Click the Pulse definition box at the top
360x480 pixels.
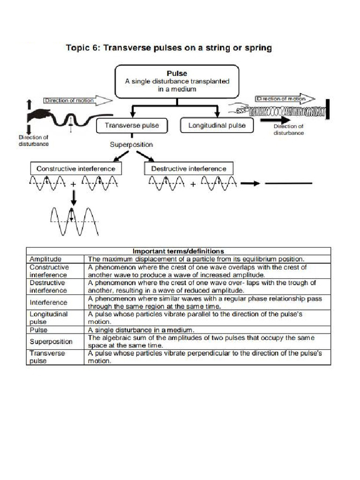pos(178,81)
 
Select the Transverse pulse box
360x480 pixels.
pos(132,125)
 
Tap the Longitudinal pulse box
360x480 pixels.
pos(216,125)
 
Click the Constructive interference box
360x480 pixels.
pos(75,168)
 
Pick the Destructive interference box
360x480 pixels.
pos(188,168)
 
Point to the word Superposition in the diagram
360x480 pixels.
pos(131,144)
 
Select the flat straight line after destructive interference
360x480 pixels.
pos(288,183)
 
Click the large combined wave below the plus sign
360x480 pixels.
pos(74,220)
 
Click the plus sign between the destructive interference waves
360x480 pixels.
pos(193,184)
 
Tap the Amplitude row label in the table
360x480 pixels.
pos(45,259)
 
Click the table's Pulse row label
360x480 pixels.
pos(38,330)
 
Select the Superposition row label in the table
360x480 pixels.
pos(51,342)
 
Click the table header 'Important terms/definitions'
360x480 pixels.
pos(178,251)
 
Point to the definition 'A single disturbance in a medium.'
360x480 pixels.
pos(141,330)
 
